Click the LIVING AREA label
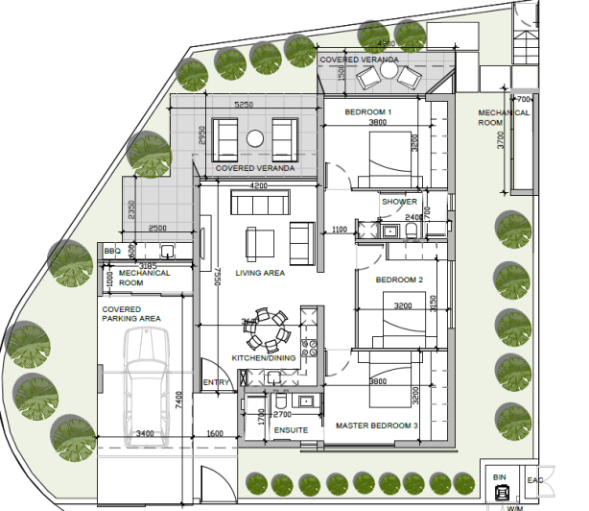point(261,274)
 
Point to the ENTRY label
point(216,383)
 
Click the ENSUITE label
point(291,430)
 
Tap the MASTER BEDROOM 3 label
point(376,425)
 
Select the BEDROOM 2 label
point(399,280)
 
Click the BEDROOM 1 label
point(368,112)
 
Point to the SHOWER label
point(399,202)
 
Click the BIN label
point(499,477)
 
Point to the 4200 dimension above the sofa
point(257,184)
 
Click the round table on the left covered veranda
point(255,138)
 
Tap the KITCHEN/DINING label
point(264,359)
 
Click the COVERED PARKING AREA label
point(132,314)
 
